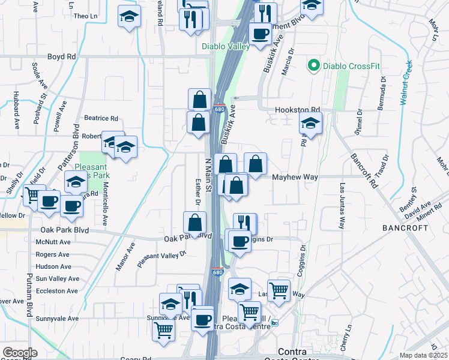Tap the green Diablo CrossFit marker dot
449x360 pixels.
point(313,65)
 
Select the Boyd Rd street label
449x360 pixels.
point(62,56)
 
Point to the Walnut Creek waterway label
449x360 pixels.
point(407,83)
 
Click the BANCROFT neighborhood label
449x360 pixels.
point(405,228)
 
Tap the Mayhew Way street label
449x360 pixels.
point(295,177)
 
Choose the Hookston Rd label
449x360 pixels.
point(298,110)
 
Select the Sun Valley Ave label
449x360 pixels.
point(57,279)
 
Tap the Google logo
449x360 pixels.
point(20,353)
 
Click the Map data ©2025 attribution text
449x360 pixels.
point(424,355)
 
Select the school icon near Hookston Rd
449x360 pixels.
point(311,123)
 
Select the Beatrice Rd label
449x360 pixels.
point(101,119)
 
